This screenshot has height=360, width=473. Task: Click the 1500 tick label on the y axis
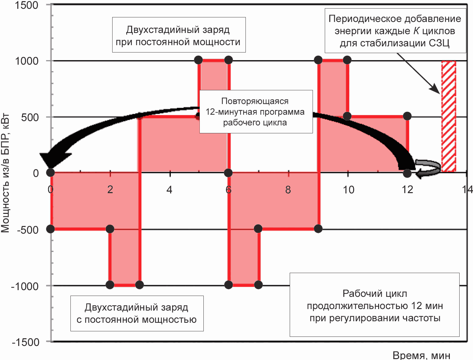27,5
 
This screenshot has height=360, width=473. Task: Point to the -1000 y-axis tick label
25,286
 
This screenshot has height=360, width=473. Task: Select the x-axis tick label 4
169,190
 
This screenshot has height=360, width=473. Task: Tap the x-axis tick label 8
288,190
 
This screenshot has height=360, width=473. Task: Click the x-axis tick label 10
349,190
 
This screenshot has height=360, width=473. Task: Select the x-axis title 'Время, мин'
421,355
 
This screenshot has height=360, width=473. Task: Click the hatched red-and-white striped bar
449,117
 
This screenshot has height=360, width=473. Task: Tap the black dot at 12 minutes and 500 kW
407,116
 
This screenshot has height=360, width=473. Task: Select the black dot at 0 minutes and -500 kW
50,229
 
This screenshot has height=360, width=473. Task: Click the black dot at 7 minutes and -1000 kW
258,285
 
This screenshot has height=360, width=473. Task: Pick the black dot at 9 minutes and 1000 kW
318,60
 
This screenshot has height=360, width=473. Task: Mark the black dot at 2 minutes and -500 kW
110,229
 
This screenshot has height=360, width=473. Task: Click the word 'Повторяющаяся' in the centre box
255,101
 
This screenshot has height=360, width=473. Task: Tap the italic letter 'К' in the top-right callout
416,31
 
